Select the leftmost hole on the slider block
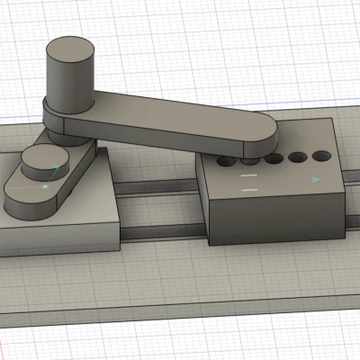pos(225,163)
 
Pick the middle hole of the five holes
pos(274,160)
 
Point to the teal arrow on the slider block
pos(316,179)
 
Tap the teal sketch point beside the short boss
pos(60,168)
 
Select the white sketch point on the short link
pos(44,187)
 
